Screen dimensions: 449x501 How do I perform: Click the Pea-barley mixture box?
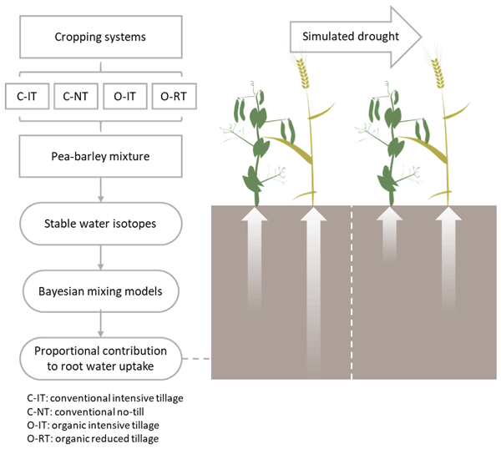click(100, 155)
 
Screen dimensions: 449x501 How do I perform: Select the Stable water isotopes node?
click(100, 224)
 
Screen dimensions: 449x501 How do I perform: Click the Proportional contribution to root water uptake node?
click(100, 359)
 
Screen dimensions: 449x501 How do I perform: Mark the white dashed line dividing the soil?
click(352, 292)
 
